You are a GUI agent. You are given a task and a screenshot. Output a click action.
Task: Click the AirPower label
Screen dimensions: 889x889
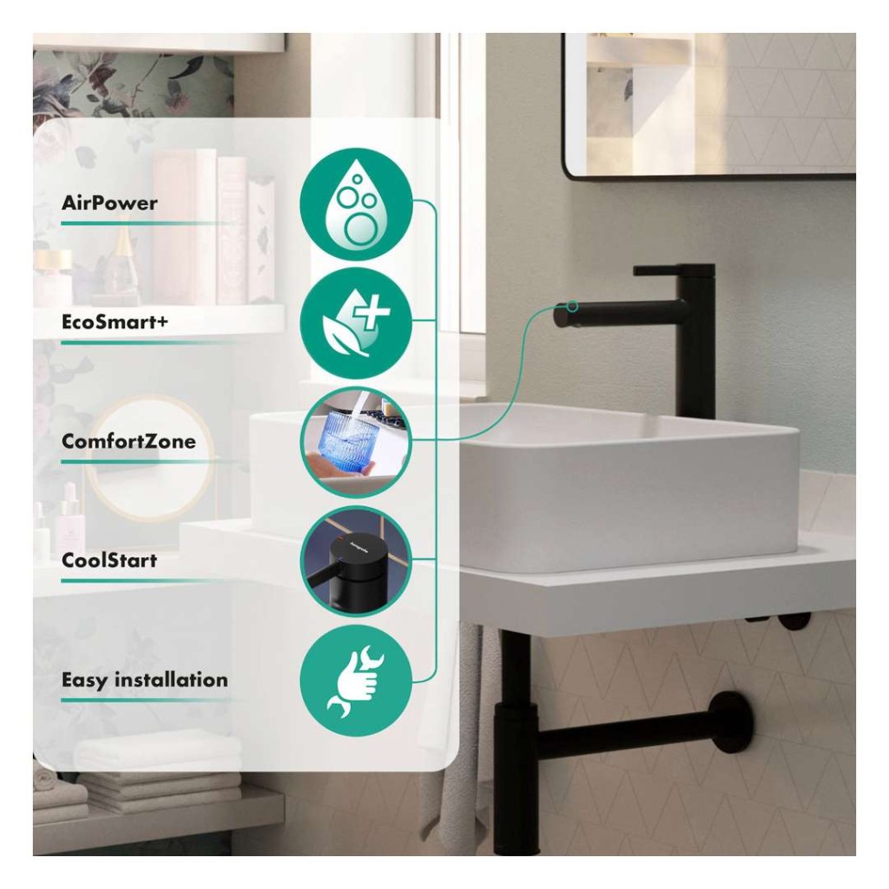click(x=109, y=203)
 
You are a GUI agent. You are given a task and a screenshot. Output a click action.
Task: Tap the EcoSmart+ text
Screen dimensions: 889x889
click(x=115, y=322)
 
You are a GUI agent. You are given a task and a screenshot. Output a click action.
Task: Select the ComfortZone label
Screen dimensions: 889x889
click(x=128, y=441)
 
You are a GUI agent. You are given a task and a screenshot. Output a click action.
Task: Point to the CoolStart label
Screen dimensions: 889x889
click(x=109, y=560)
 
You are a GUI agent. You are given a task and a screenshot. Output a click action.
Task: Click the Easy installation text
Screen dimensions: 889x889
click(x=145, y=680)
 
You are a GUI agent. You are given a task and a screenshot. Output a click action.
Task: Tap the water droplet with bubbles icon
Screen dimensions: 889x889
click(x=356, y=204)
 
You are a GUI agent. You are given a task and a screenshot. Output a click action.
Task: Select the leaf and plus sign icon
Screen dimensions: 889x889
click(x=356, y=323)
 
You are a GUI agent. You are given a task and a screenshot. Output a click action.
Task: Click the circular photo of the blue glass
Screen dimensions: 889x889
click(x=356, y=442)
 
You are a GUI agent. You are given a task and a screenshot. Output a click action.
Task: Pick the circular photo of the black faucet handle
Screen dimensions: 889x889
click(x=356, y=562)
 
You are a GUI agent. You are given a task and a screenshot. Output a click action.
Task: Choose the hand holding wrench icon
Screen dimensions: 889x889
click(x=356, y=681)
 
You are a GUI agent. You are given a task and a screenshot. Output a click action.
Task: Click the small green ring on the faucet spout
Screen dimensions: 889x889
click(x=573, y=306)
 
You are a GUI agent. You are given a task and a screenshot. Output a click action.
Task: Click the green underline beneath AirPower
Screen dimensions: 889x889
click(x=148, y=223)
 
